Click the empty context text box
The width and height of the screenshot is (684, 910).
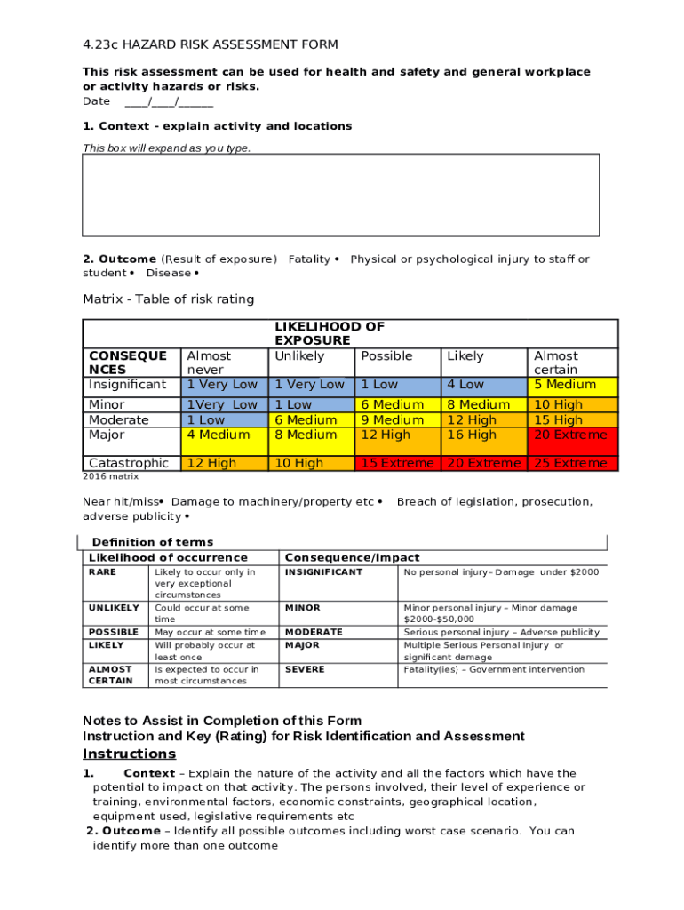tap(340, 195)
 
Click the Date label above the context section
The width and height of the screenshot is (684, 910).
tap(96, 101)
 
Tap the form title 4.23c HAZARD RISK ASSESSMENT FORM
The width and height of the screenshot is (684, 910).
tap(210, 44)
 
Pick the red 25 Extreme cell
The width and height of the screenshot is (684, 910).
tap(570, 463)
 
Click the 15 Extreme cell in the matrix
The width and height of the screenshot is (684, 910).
tap(397, 463)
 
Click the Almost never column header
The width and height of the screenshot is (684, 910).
tap(208, 363)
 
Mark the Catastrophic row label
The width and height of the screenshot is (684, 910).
tap(128, 463)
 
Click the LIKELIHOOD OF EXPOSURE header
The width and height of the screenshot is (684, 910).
tap(330, 333)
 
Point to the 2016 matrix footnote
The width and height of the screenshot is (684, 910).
tap(110, 476)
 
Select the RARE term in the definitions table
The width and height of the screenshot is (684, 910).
tap(102, 572)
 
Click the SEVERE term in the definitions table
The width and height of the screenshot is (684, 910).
tap(305, 669)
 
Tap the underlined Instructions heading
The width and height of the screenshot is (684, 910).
tap(129, 754)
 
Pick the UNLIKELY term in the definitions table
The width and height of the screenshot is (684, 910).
tap(114, 608)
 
